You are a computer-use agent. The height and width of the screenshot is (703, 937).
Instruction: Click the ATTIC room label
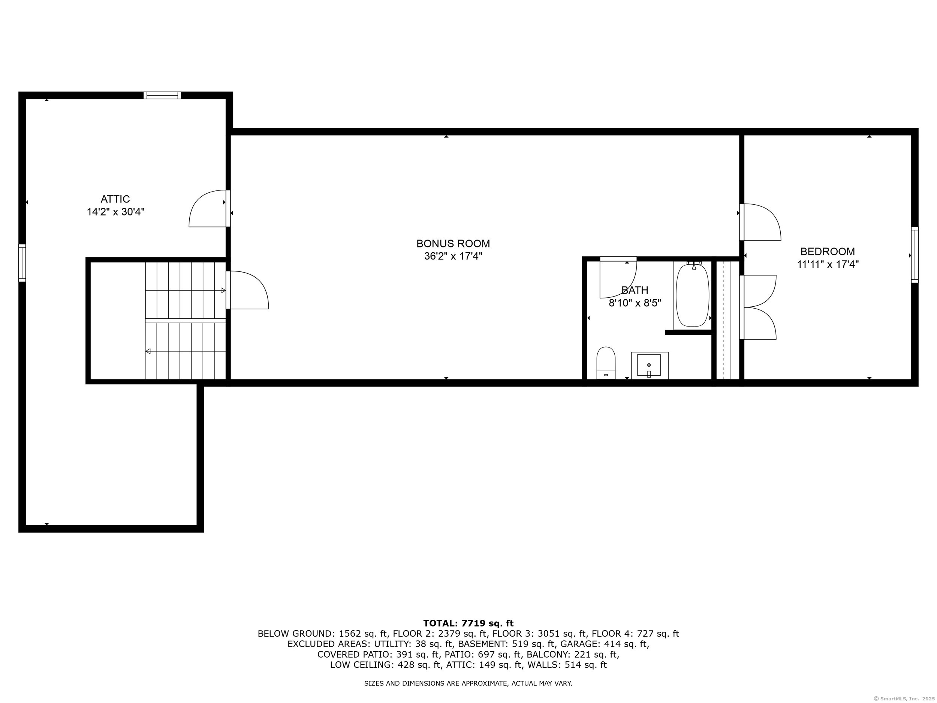click(x=115, y=199)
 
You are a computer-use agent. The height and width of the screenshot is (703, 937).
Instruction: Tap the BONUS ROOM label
click(x=453, y=244)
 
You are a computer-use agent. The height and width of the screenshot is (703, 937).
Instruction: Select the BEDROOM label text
click(x=827, y=251)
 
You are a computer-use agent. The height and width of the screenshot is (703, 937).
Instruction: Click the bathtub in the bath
click(x=692, y=295)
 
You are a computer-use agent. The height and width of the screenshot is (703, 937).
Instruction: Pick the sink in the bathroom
click(x=649, y=365)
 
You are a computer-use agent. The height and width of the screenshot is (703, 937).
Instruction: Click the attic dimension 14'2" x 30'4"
click(x=116, y=212)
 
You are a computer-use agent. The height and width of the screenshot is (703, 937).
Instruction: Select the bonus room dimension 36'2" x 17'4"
click(x=453, y=256)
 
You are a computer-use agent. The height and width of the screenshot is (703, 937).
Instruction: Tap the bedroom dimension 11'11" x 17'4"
click(x=828, y=264)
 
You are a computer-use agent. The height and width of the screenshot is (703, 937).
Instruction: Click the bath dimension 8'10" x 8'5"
click(x=635, y=303)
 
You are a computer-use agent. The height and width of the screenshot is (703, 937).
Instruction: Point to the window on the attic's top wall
click(x=162, y=95)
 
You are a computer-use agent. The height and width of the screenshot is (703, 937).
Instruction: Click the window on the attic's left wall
click(x=22, y=263)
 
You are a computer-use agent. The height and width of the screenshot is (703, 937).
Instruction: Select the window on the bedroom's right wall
click(x=915, y=255)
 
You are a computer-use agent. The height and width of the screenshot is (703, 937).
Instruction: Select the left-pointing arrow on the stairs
click(x=148, y=351)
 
